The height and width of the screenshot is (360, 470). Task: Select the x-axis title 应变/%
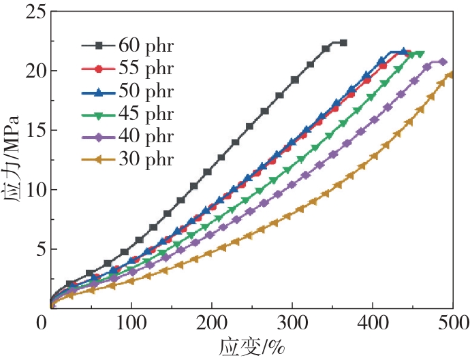coord(251,346)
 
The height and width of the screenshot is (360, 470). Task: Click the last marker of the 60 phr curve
coord(343,43)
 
